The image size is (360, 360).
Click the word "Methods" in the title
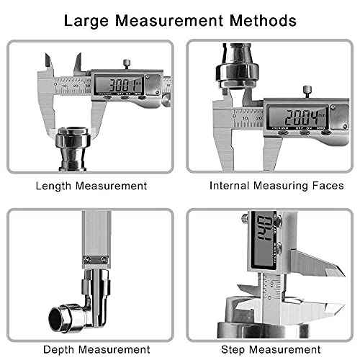[x=262, y=19]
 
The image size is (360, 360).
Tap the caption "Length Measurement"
[x=91, y=186]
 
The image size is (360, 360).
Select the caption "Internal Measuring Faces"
[x=276, y=186]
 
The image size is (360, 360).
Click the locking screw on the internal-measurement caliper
[x=305, y=91]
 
